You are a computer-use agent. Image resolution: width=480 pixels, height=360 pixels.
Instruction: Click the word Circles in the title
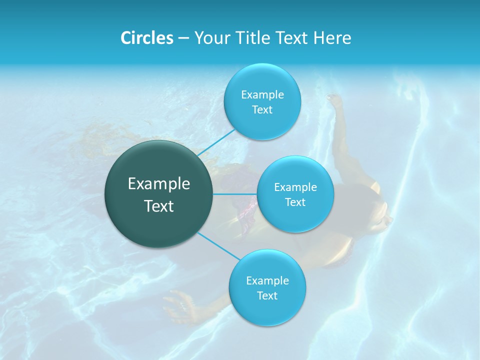coord(146,38)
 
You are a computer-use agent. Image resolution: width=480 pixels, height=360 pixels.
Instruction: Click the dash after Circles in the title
coord(183,38)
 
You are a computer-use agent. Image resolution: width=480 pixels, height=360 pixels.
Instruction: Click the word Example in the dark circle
coord(159,184)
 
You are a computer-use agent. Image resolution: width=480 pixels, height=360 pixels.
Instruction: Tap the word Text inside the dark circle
coord(159,206)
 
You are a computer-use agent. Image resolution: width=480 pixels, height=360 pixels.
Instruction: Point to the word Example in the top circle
coord(262,95)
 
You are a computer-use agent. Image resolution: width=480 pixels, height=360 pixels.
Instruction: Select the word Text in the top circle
coord(262,110)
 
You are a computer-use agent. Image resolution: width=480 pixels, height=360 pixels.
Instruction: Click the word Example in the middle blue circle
coord(295,187)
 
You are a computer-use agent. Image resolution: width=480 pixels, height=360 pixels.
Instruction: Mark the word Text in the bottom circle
coord(267,296)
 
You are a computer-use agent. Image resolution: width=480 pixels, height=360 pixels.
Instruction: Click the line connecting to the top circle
coord(216,142)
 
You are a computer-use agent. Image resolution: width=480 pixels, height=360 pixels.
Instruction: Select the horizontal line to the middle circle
coord(235,194)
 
